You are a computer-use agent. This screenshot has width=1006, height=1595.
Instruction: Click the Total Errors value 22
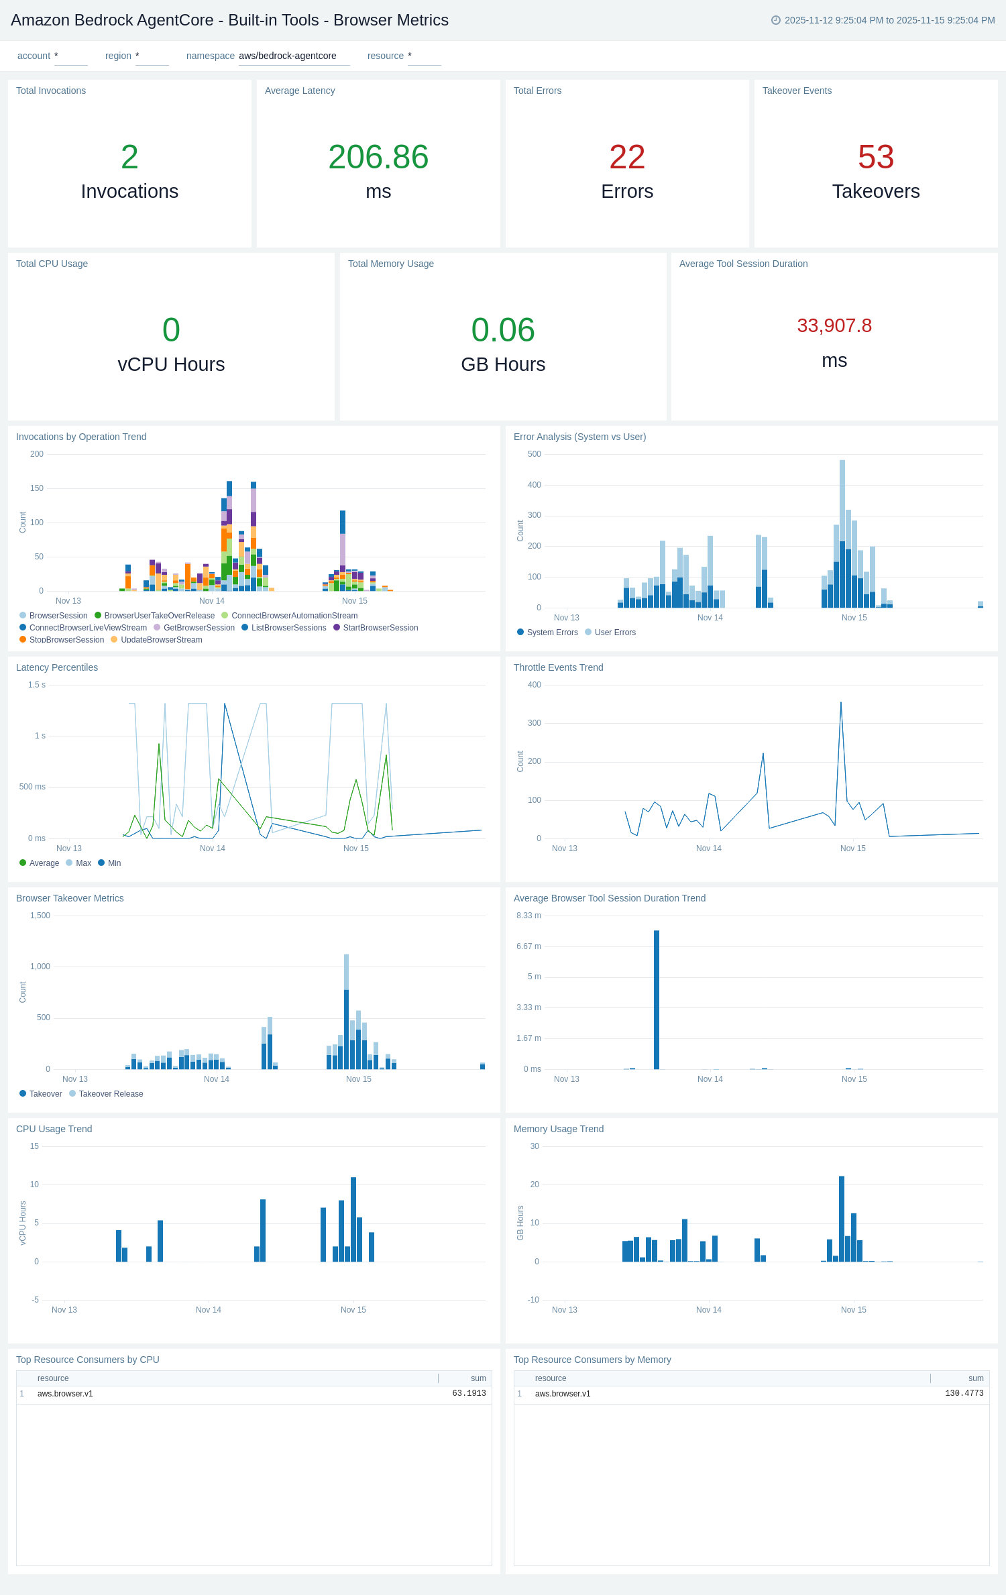point(626,158)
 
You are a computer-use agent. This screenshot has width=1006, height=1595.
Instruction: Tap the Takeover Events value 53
point(875,158)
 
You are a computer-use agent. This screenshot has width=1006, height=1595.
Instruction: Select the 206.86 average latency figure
point(378,158)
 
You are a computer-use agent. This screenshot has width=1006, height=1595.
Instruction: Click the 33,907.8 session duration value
point(834,326)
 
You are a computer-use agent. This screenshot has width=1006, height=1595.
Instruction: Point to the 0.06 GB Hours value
point(503,330)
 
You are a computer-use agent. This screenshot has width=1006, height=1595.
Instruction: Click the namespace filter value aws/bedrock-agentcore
point(288,56)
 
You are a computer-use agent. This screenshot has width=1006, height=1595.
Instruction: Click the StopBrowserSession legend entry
point(66,640)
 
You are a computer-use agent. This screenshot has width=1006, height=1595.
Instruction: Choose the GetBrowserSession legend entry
point(199,628)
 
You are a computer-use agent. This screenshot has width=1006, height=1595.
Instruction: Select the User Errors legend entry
point(614,632)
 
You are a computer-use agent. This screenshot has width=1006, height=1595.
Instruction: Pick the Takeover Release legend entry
point(111,1094)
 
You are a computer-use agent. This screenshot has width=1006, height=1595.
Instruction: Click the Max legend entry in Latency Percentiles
point(83,863)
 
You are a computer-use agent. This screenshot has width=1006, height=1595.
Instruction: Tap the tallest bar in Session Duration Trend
point(657,999)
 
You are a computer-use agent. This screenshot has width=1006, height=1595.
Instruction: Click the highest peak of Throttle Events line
point(841,703)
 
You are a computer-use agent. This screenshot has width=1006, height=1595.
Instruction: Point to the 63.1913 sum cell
point(469,1394)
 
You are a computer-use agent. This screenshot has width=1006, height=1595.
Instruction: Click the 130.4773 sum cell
point(964,1394)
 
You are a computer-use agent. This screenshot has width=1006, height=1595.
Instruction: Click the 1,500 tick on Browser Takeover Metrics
point(40,916)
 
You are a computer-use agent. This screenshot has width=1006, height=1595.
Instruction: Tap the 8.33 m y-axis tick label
point(528,916)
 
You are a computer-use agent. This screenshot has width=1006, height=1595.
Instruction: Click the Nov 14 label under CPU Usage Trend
point(208,1310)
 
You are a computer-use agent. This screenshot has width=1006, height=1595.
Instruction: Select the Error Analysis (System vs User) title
point(579,437)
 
